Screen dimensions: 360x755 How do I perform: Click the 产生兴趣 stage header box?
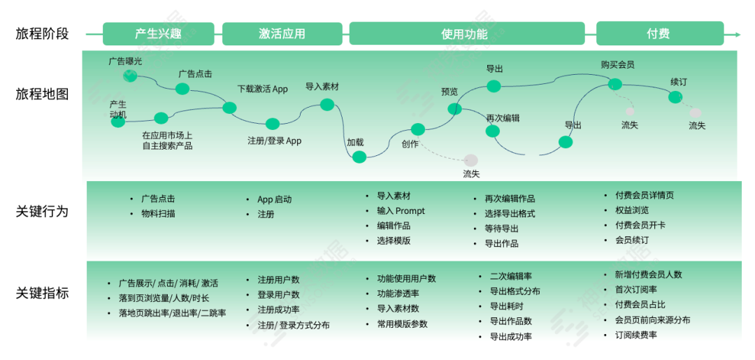click(159, 34)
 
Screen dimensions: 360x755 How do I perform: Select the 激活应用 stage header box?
click(282, 34)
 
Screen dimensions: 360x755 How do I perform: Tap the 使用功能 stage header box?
click(466, 34)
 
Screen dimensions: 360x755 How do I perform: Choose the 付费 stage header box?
click(658, 34)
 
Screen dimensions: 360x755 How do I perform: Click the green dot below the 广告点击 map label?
click(182, 89)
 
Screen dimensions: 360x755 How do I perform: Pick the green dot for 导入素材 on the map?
click(327, 105)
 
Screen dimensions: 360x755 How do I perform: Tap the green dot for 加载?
click(359, 157)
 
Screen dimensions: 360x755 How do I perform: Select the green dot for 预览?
click(455, 108)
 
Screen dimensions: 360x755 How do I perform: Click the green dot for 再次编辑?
click(493, 131)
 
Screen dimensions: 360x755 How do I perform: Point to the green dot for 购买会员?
click(614, 85)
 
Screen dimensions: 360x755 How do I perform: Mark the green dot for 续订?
click(675, 97)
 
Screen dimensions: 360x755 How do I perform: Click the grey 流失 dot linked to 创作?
click(471, 160)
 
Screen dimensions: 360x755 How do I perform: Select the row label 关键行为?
click(42, 211)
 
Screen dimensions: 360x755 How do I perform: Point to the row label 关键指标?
click(42, 294)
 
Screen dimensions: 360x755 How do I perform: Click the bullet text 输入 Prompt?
click(401, 211)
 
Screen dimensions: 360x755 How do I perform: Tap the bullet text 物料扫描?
click(158, 213)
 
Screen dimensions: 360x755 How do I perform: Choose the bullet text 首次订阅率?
click(636, 289)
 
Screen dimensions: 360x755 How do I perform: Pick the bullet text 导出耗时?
click(506, 306)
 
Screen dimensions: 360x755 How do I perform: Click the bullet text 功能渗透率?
click(398, 294)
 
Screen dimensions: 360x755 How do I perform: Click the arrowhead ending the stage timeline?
click(737, 34)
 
